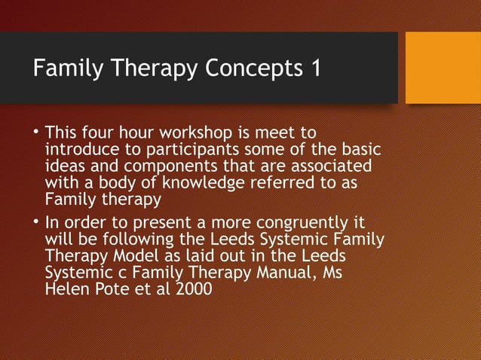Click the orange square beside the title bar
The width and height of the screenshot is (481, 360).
click(443, 67)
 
